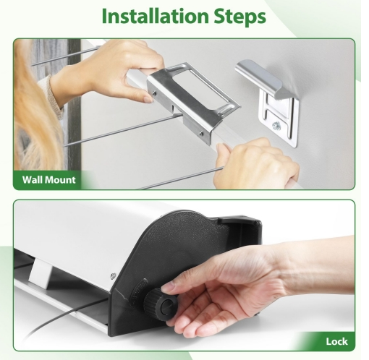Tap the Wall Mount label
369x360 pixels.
pyautogui.click(x=49, y=180)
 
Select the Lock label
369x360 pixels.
pyautogui.click(x=336, y=341)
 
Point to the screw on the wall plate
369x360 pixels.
pyautogui.click(x=276, y=125)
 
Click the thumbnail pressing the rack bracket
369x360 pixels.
pyautogui.click(x=148, y=98)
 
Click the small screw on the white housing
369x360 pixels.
pyautogui.click(x=113, y=275)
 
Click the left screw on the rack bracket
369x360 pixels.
pyautogui.click(x=155, y=93)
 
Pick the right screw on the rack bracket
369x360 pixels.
pyautogui.click(x=201, y=133)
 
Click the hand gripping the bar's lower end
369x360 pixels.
pyautogui.click(x=256, y=163)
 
